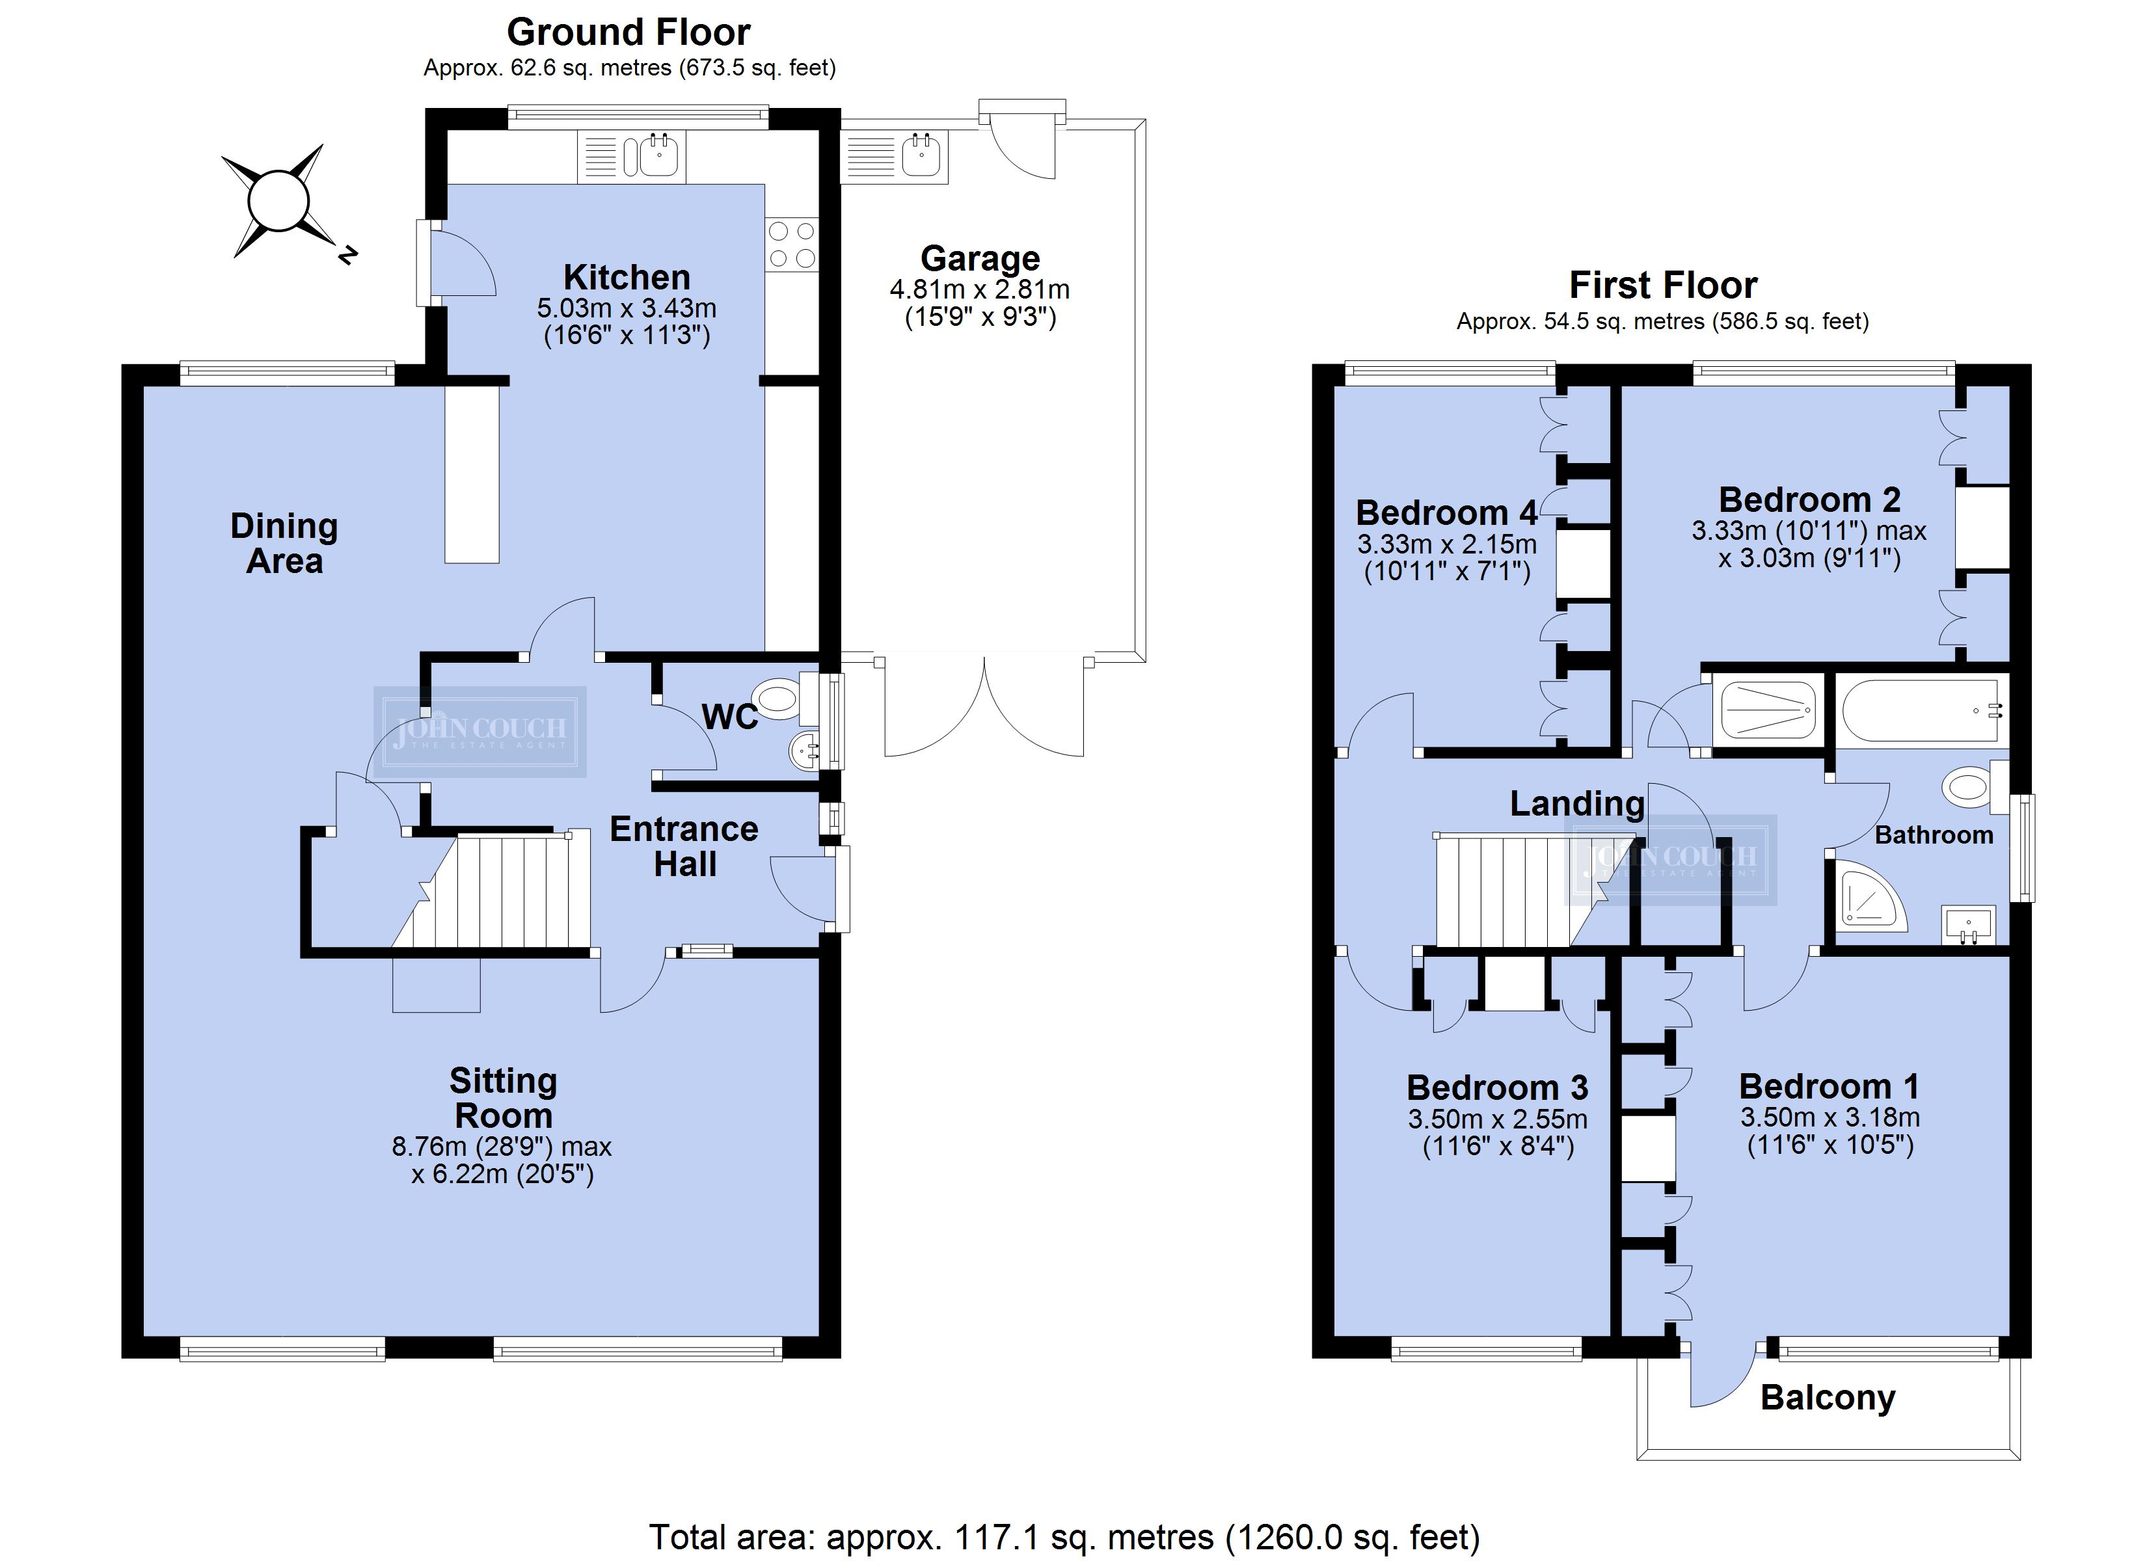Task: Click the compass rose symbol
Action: [278, 201]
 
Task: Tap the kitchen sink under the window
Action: [632, 156]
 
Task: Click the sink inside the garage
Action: [894, 156]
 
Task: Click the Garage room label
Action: [980, 258]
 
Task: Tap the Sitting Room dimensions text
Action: [502, 1160]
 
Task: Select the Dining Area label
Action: [284, 543]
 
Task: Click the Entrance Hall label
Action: [684, 846]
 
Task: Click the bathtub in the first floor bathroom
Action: [1921, 710]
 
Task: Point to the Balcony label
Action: [1828, 1398]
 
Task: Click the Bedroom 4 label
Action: [1446, 513]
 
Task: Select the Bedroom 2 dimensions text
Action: [1809, 544]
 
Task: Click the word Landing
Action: [1577, 804]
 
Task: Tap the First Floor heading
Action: [1662, 285]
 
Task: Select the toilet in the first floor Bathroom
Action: [1973, 786]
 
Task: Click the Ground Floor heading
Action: [628, 32]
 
